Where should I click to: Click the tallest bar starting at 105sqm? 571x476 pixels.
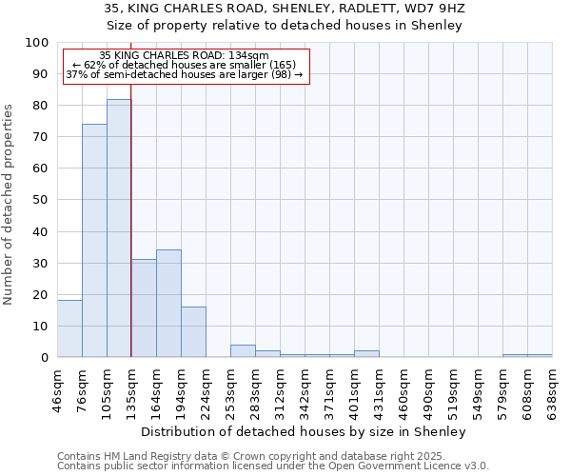119,228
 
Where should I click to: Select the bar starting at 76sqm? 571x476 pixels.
94,241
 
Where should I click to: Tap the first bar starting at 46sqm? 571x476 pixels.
69,328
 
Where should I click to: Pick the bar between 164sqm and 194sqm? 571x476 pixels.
168,304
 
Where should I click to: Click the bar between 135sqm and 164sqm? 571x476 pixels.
144,308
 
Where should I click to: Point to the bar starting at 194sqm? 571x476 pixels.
193,332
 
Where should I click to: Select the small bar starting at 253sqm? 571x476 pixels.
243,351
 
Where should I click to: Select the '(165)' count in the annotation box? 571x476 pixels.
282,65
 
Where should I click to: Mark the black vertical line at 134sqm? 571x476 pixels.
130,238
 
